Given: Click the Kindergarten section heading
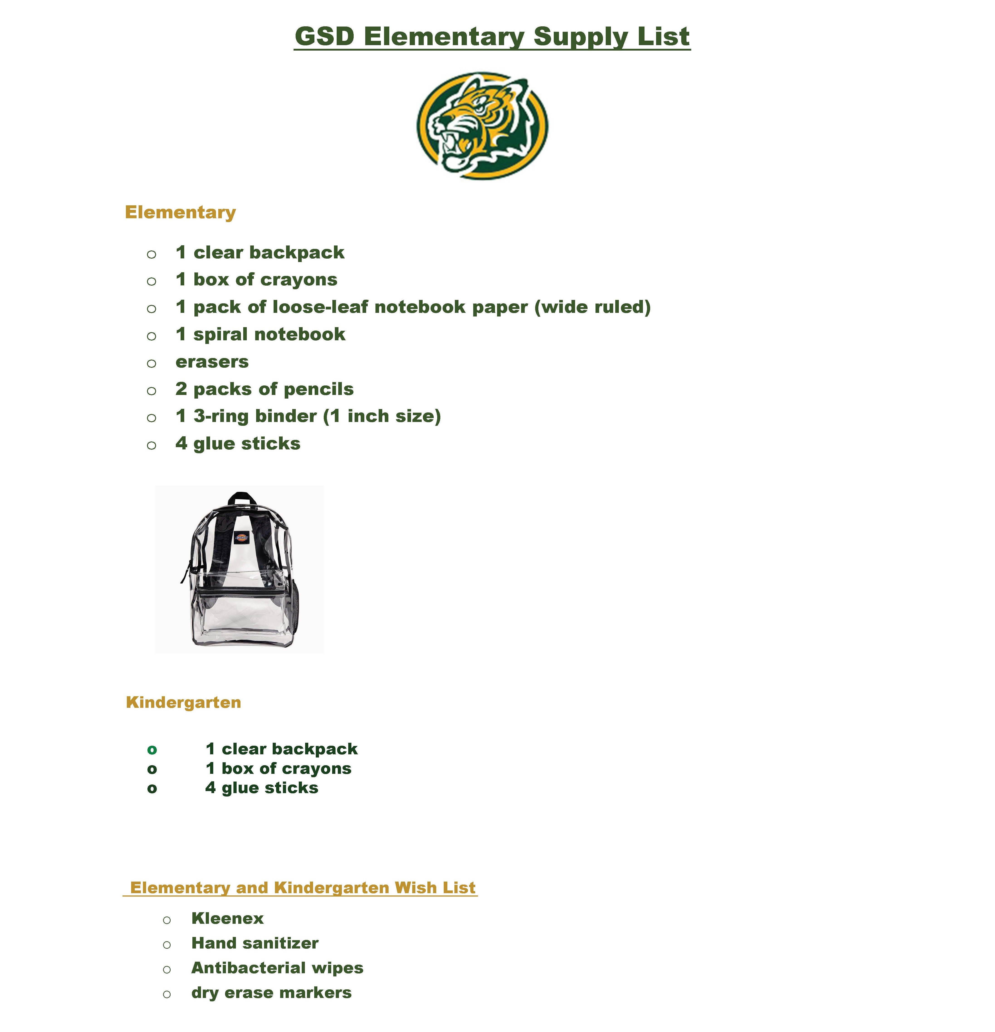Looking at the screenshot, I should (x=183, y=702).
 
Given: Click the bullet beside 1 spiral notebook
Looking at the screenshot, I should (x=152, y=336).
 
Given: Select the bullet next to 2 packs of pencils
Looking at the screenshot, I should (x=152, y=391).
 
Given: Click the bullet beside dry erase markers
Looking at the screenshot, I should (x=167, y=994).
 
